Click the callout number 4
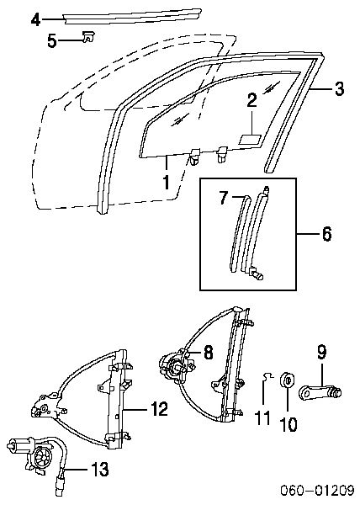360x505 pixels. [36, 19]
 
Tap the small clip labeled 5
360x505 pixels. [87, 36]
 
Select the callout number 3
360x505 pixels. [340, 88]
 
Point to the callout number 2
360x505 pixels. [251, 100]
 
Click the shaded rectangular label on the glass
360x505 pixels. [250, 139]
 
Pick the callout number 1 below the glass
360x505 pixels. [166, 182]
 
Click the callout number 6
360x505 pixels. [326, 233]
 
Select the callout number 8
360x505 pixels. [209, 352]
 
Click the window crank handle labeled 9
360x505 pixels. [320, 392]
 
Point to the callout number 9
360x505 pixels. [321, 352]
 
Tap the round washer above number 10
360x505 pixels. [288, 380]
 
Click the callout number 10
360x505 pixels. [289, 424]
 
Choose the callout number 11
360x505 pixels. [262, 418]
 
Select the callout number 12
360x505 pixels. [159, 409]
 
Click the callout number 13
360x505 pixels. [100, 469]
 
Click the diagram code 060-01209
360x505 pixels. [317, 490]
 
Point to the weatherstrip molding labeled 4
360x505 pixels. [132, 16]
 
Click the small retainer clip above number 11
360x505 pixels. [267, 375]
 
